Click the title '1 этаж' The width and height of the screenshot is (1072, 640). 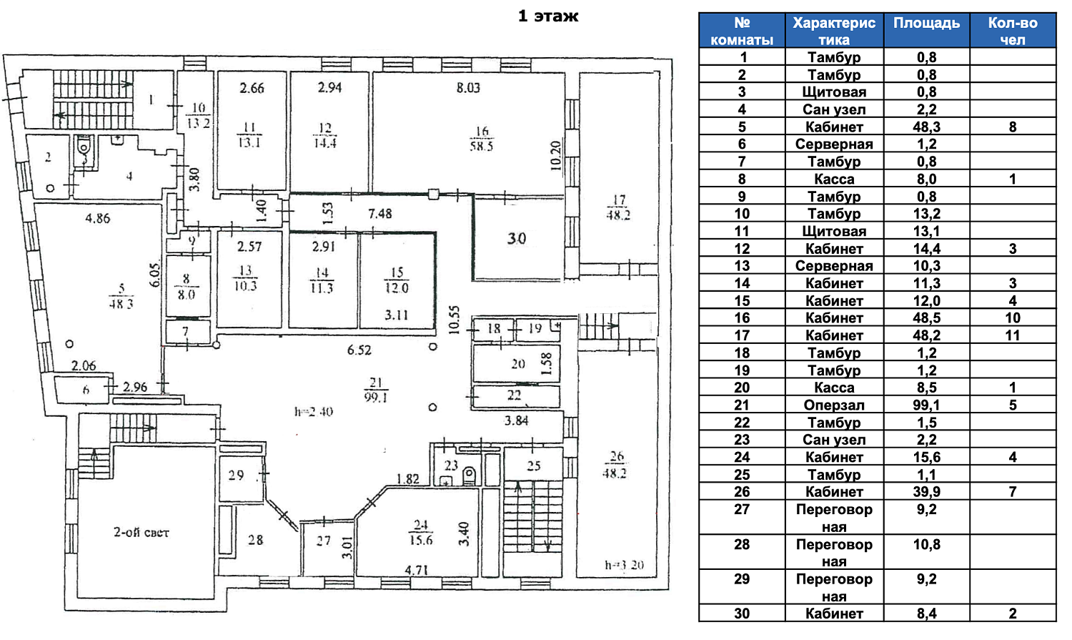click(x=548, y=16)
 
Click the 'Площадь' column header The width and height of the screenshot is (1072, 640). click(x=926, y=23)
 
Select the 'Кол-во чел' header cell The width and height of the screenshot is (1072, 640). click(x=1012, y=31)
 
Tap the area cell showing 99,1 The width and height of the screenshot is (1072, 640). click(x=926, y=405)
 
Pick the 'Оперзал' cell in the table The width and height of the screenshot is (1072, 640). click(x=834, y=405)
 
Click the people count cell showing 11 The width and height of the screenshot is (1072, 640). click(x=1012, y=335)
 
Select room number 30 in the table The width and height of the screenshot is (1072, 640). click(x=742, y=613)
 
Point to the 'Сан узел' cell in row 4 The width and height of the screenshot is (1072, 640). click(x=834, y=109)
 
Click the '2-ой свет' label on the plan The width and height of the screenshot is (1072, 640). click(x=142, y=532)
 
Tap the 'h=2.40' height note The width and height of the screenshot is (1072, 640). click(x=314, y=412)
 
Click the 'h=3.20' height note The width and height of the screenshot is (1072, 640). click(x=624, y=565)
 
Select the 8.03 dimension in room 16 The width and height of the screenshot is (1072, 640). click(x=468, y=88)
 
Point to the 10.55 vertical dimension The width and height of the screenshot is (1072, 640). click(x=453, y=320)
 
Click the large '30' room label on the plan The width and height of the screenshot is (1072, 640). click(x=517, y=238)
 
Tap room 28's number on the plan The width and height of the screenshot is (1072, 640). click(x=255, y=540)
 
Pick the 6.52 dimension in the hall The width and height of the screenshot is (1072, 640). click(x=359, y=350)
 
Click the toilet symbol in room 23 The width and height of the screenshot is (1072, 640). click(x=470, y=475)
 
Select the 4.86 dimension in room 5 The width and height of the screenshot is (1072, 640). click(x=98, y=219)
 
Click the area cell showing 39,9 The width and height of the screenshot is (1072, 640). click(x=926, y=492)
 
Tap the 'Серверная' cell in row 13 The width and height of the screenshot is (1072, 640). click(x=834, y=266)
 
